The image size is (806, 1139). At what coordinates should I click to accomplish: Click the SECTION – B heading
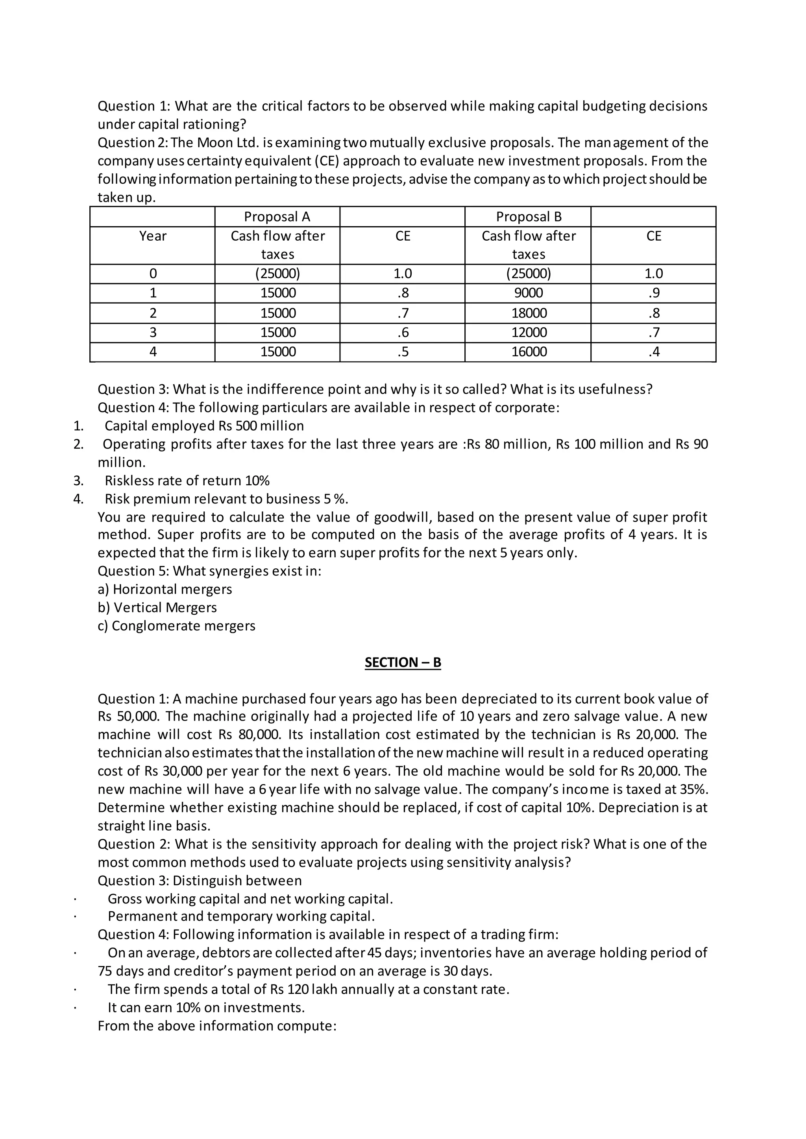tap(403, 663)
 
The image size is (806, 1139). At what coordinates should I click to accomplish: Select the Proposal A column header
tap(277, 217)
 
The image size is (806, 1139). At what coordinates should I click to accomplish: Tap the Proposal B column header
tap(529, 217)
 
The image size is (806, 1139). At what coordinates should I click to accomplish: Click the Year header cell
tap(152, 236)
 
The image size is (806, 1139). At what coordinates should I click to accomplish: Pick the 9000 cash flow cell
tap(529, 293)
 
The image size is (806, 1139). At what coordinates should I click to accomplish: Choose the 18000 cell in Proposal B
tap(529, 313)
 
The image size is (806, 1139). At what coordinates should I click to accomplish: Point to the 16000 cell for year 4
tap(529, 352)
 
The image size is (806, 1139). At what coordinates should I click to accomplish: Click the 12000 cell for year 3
tap(529, 332)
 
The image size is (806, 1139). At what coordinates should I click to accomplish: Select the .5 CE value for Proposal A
tap(403, 352)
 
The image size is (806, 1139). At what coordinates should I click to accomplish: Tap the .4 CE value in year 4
tap(654, 352)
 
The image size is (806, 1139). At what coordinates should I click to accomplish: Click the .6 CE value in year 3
tap(403, 332)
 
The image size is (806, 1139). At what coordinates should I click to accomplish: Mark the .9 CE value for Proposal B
tap(654, 293)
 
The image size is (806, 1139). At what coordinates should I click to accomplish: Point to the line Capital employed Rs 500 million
tap(204, 426)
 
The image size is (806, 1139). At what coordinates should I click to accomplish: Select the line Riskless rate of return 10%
tap(187, 481)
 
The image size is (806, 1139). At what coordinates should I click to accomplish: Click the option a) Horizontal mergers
tap(165, 589)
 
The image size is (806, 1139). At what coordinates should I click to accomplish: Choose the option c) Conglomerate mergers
tap(176, 626)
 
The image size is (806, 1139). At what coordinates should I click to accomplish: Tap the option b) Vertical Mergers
tap(157, 608)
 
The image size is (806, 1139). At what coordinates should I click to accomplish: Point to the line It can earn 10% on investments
tap(206, 1008)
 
